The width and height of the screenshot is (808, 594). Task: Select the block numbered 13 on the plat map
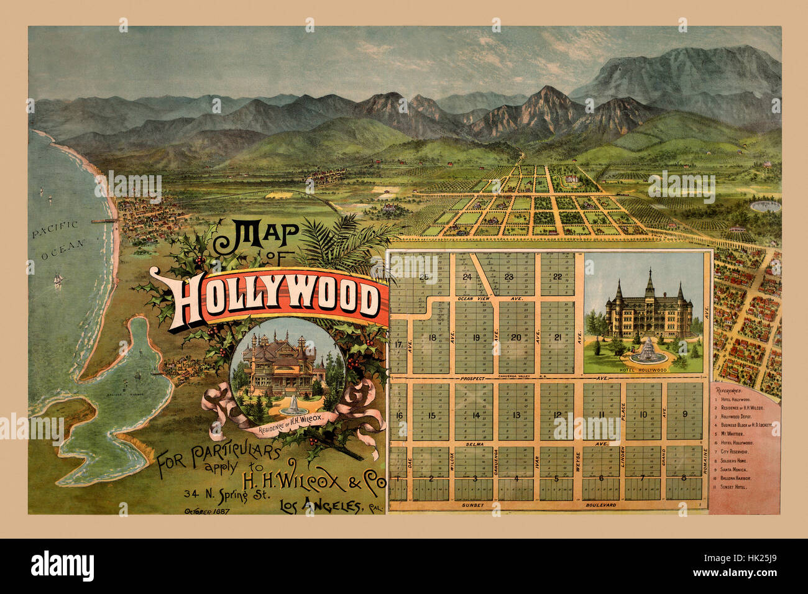(516, 416)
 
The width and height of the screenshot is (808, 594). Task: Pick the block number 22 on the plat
(558, 277)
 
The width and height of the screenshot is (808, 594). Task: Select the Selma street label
(474, 445)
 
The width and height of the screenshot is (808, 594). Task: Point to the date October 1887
(206, 511)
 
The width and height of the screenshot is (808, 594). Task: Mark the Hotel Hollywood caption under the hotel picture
(643, 369)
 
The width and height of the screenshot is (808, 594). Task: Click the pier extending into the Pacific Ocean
(102, 221)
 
